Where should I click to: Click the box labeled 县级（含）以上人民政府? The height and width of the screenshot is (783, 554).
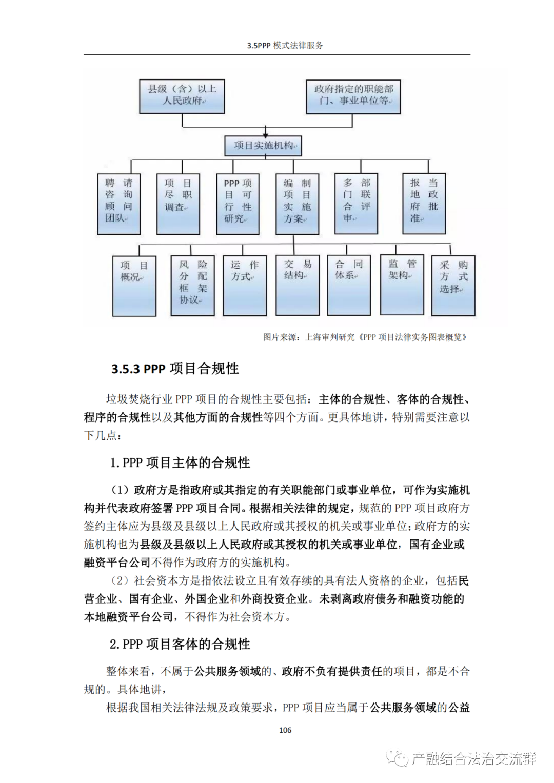[x=182, y=96]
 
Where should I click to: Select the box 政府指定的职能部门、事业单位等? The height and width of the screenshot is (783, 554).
[x=353, y=96]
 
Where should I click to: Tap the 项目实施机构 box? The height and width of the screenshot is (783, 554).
[x=263, y=146]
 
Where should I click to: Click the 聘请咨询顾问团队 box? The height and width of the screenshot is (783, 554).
[x=119, y=204]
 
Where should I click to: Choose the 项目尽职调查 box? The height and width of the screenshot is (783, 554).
[x=179, y=204]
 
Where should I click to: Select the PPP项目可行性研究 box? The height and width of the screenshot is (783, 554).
[x=238, y=204]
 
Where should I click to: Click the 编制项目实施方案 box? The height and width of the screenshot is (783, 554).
[x=298, y=204]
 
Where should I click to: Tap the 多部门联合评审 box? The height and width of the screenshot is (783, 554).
[x=357, y=204]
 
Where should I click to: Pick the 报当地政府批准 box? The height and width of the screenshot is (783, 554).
[x=424, y=204]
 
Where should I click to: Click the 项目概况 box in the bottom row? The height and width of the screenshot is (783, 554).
[x=134, y=286]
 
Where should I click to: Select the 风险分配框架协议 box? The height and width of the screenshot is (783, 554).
[x=193, y=286]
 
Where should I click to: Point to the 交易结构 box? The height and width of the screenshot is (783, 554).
[x=298, y=285]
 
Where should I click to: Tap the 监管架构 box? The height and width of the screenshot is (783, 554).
[x=402, y=285]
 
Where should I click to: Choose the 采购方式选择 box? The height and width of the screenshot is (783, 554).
[x=453, y=286]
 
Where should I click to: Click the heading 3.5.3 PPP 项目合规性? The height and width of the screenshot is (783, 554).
[x=175, y=369]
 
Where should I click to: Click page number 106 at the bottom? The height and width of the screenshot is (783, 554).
[x=285, y=730]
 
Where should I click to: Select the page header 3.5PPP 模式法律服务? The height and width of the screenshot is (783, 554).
[x=285, y=46]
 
